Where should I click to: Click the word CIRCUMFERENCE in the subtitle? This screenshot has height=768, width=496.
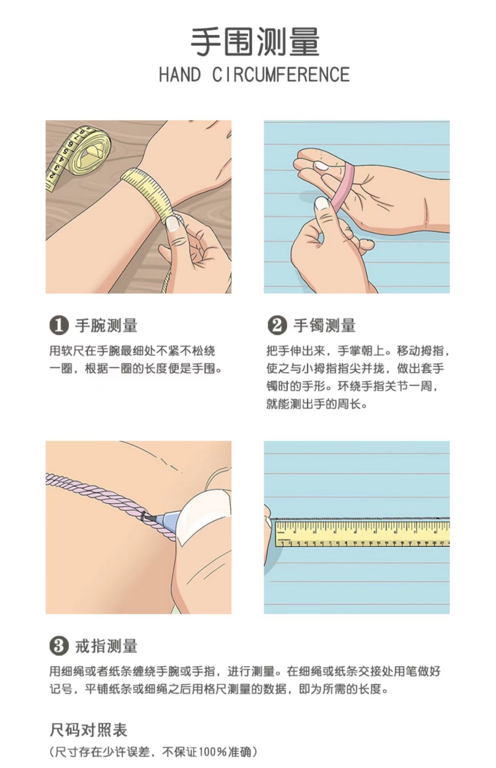(x=281, y=75)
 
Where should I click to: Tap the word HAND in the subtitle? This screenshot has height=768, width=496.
(x=180, y=75)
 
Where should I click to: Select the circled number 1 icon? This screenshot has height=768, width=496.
(x=59, y=325)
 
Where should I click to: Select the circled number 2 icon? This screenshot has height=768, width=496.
(x=277, y=325)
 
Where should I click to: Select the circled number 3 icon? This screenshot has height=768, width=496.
(x=59, y=646)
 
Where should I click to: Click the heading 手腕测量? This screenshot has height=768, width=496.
(x=106, y=326)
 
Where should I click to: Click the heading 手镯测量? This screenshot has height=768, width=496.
(x=325, y=326)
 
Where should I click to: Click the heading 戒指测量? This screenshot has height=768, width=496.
(x=106, y=646)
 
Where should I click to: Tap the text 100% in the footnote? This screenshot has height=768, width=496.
(x=213, y=752)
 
